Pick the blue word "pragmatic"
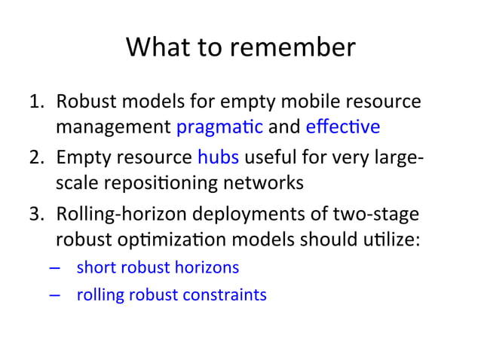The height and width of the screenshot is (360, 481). coord(219,126)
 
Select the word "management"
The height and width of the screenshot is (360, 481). coord(112,126)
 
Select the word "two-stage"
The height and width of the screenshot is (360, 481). coord(381,215)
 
